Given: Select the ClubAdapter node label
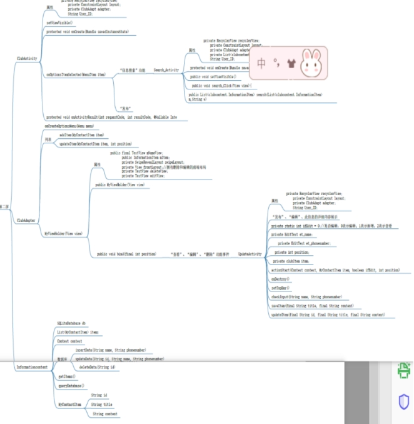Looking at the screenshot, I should [x=26, y=220].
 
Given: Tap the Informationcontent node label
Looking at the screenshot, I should [x=32, y=367].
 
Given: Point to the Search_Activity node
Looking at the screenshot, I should [x=166, y=71].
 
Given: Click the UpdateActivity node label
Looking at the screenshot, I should [x=250, y=254].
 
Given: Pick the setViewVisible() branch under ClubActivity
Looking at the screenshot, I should [x=59, y=22].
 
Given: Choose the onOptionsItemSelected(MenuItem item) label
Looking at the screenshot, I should [x=76, y=74].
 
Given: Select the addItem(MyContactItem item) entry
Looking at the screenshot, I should [x=81, y=134].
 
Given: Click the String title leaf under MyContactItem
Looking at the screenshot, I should [x=101, y=405].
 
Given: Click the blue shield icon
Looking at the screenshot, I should [x=403, y=401].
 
